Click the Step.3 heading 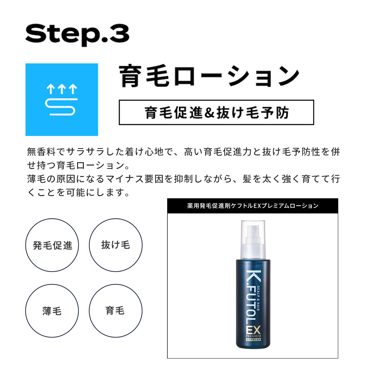tap(77, 35)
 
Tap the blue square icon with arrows tap(62, 100)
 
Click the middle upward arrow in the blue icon tap(62, 89)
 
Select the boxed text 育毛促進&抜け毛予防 tap(216, 113)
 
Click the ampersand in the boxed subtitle tap(209, 113)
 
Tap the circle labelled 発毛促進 tap(52, 245)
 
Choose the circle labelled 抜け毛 tap(116, 245)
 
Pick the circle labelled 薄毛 tap(52, 311)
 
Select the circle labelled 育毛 tap(116, 311)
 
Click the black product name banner tap(253, 206)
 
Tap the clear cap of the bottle tap(253, 239)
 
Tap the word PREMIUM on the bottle tap(253, 336)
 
